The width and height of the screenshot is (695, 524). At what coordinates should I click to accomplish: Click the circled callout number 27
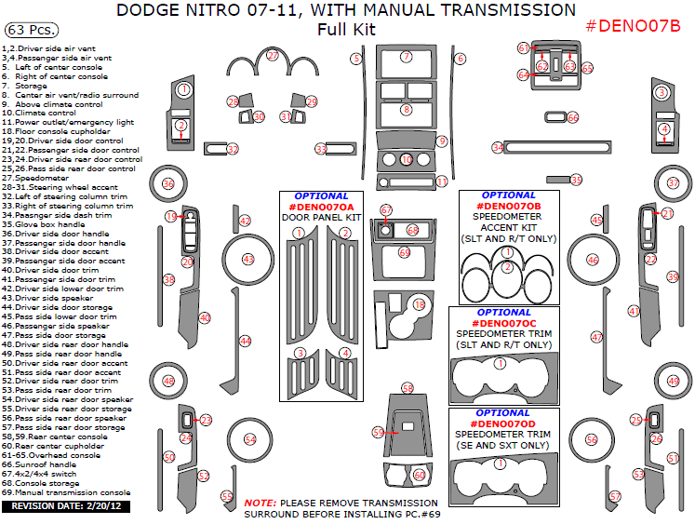coord(273,56)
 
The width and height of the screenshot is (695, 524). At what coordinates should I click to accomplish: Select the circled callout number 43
coord(247,259)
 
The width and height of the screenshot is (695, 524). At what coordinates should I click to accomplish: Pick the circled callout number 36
coord(168,184)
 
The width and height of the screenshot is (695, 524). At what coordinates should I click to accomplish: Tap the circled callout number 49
coord(674,381)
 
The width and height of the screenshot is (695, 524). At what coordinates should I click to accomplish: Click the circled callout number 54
coord(249,439)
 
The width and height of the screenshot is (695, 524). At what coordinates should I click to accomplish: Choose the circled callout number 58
coord(408,387)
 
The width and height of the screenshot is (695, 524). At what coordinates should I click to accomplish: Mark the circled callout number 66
coord(573,118)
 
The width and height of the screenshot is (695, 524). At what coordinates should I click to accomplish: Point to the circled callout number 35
coord(576,180)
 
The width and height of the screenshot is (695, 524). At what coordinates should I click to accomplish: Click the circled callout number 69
coord(405,252)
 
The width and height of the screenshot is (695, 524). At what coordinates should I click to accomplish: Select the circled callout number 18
coord(420,304)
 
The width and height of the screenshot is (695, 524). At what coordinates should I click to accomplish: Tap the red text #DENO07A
coord(321,207)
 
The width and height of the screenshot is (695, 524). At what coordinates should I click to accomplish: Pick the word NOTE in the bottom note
coord(259,503)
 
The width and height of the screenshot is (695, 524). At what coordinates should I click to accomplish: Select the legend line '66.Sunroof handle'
coord(36,464)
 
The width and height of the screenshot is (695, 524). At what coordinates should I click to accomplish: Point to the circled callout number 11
coord(442,181)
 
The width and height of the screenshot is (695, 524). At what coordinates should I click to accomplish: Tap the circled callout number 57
coord(615,496)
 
